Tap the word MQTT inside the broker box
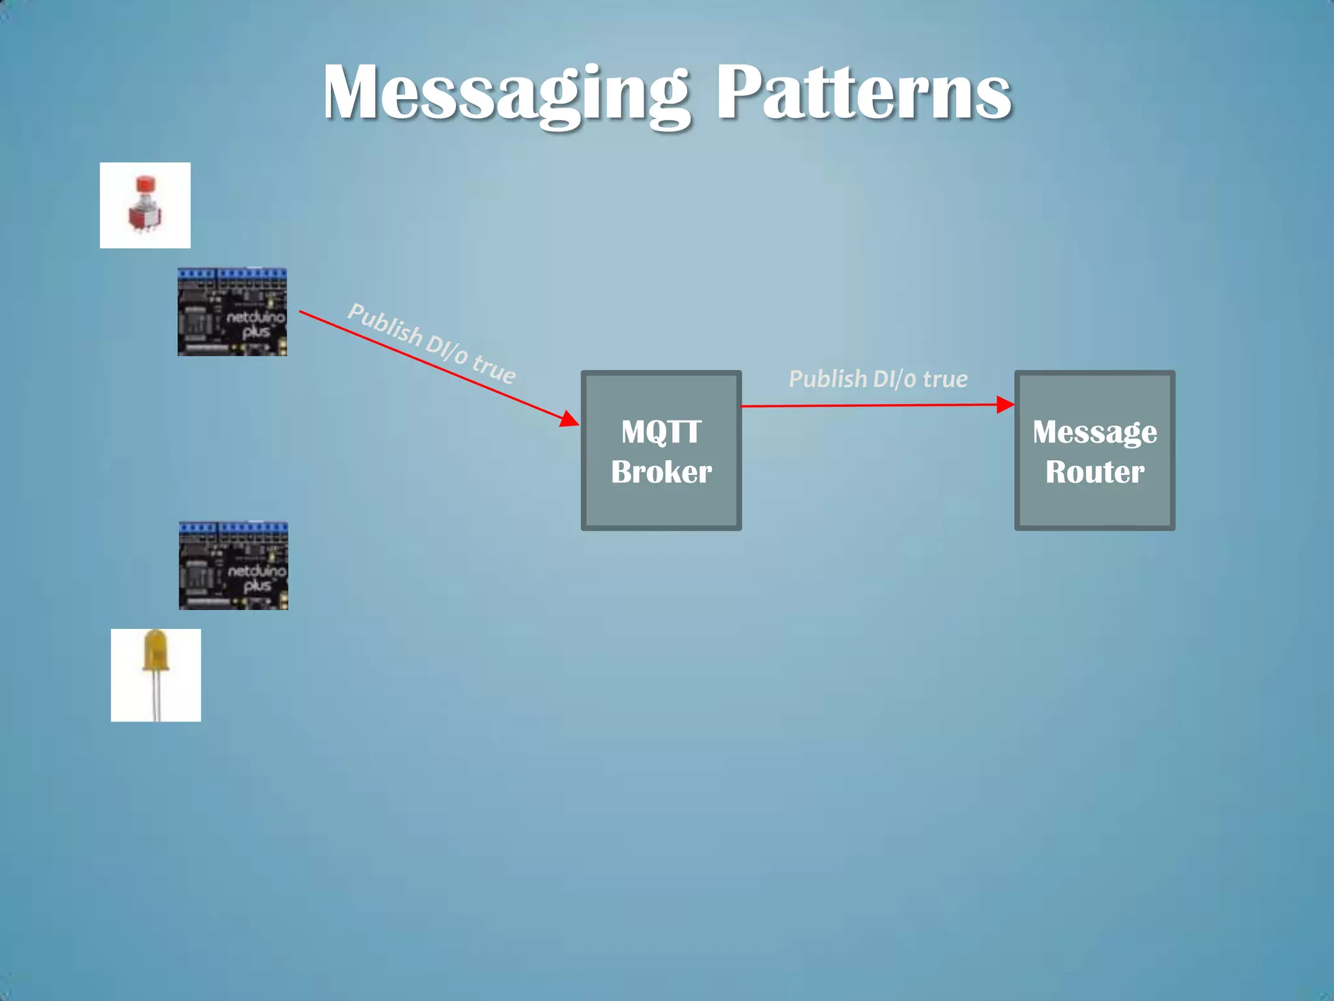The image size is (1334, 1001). (661, 431)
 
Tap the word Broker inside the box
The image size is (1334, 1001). (661, 472)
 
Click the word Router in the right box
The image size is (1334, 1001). (1094, 472)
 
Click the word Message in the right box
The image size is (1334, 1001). (1094, 431)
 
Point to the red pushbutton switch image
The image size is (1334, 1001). (145, 205)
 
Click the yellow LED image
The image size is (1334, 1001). (156, 675)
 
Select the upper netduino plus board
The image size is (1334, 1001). (232, 312)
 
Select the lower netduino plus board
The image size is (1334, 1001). (233, 566)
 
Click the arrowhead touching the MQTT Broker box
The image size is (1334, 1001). (569, 419)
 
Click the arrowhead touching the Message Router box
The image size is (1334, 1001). (1005, 405)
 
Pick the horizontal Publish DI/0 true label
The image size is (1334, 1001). (878, 379)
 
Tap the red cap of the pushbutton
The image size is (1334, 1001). (145, 184)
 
